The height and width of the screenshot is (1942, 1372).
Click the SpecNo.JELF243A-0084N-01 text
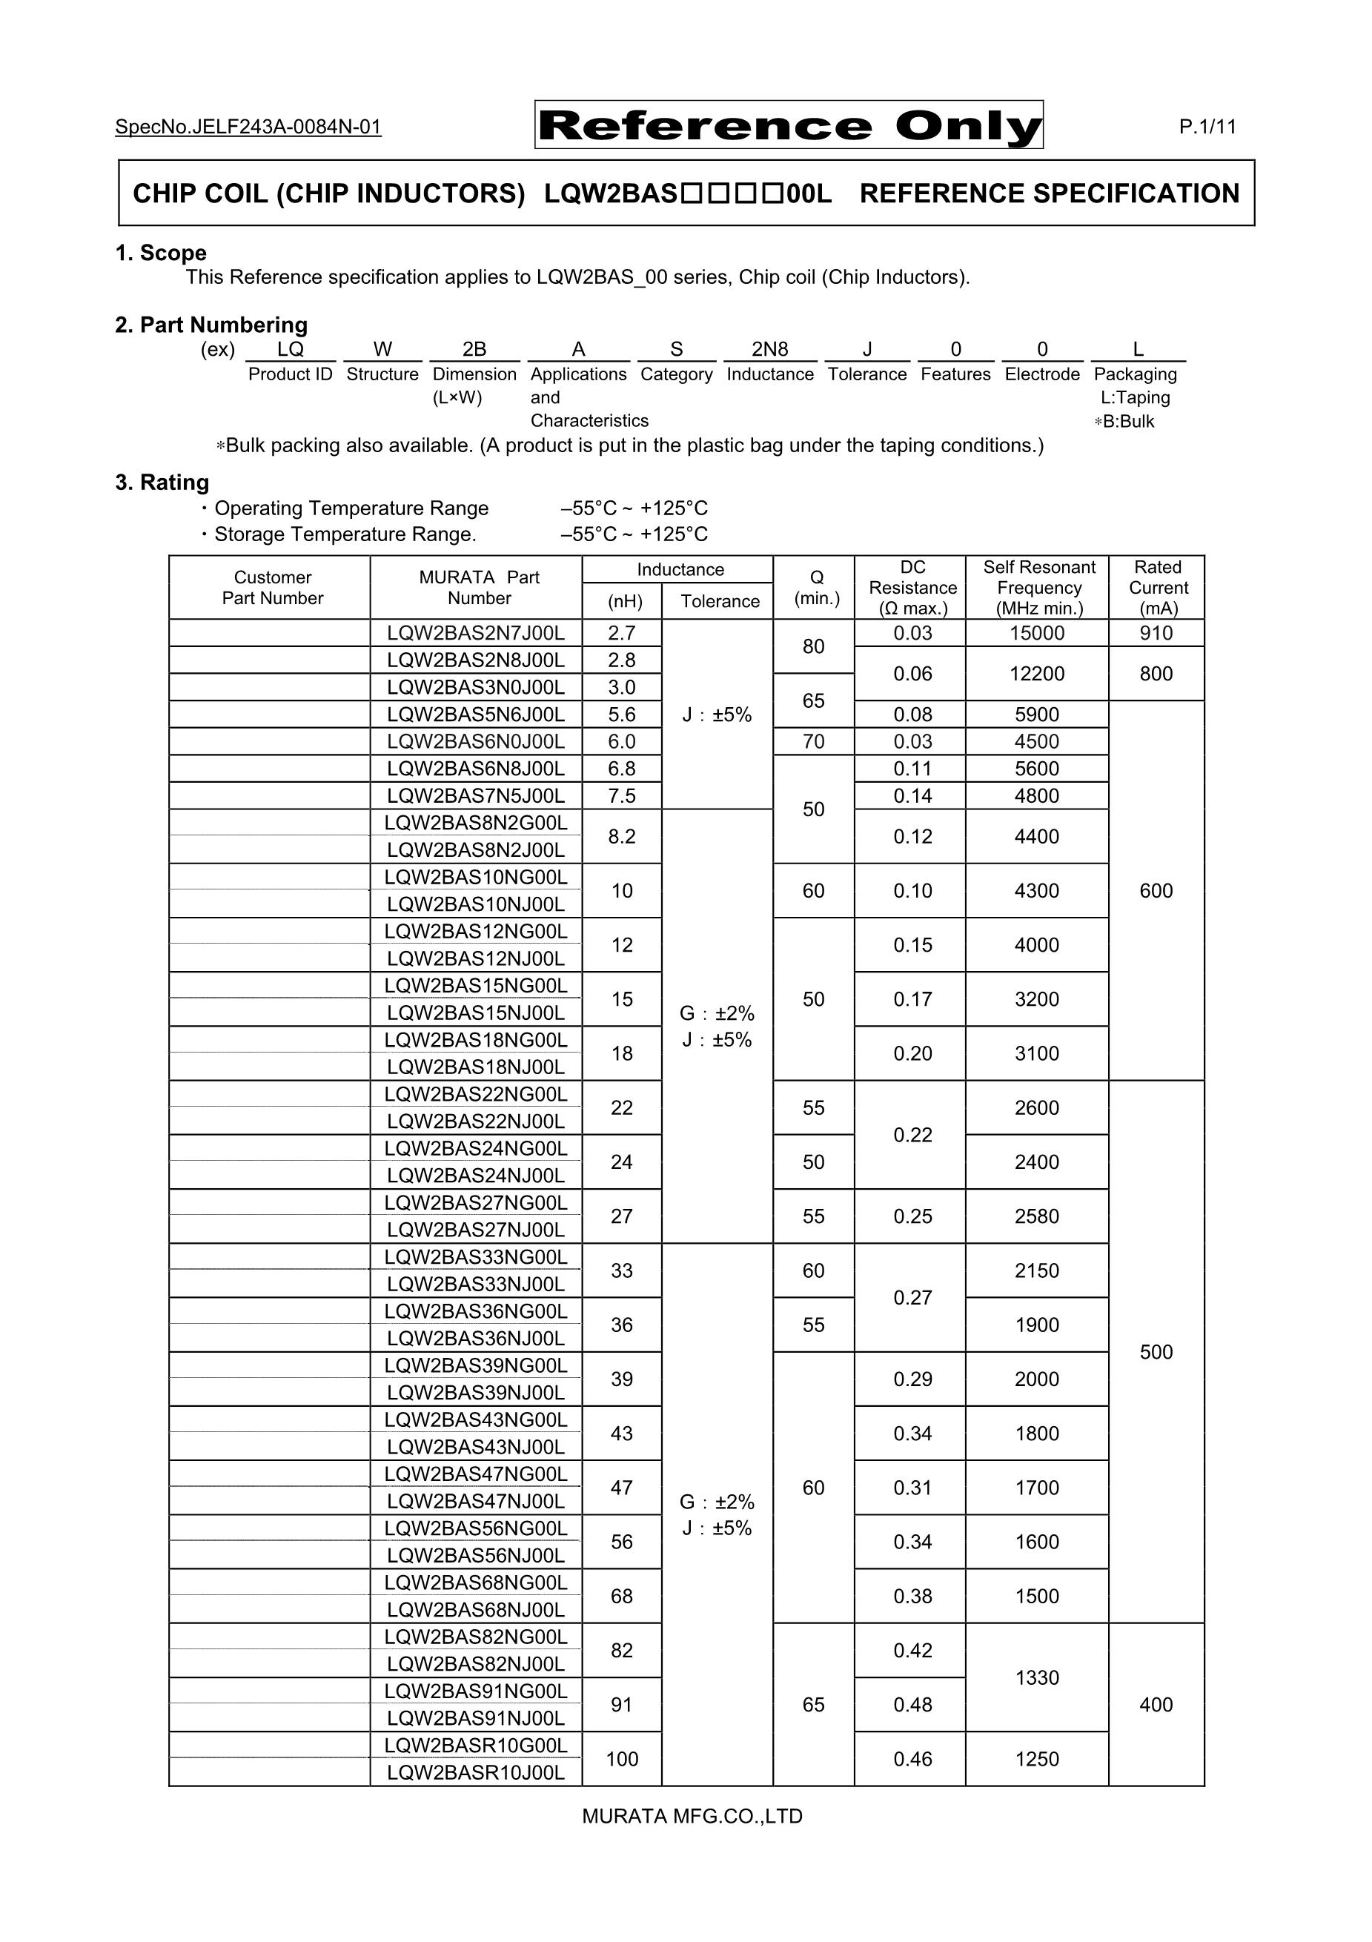[248, 127]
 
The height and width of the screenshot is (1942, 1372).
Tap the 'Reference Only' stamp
[789, 125]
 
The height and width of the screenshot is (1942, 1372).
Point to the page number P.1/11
[1207, 127]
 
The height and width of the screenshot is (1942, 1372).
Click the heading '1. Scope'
[161, 253]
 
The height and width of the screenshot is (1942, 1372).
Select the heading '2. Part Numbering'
[211, 325]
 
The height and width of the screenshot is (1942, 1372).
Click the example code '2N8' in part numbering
[769, 349]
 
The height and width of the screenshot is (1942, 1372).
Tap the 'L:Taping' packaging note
[1135, 397]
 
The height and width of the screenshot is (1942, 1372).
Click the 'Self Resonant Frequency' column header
[1038, 587]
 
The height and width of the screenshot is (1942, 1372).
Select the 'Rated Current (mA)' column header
[1157, 587]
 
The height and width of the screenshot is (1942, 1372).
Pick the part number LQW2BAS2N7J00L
[475, 633]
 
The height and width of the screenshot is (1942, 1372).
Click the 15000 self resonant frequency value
[1037, 633]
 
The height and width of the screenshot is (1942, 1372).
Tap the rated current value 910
[1156, 633]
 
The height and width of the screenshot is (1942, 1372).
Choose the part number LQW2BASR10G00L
[475, 1745]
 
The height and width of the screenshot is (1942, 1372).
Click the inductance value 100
[622, 1760]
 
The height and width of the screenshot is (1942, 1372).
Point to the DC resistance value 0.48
[912, 1704]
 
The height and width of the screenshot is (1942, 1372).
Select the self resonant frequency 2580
[1037, 1216]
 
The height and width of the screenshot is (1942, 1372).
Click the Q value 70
[813, 742]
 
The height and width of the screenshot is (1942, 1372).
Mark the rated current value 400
[1156, 1704]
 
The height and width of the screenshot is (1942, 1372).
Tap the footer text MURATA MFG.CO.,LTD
[692, 1816]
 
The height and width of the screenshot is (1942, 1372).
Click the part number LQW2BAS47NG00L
[475, 1474]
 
